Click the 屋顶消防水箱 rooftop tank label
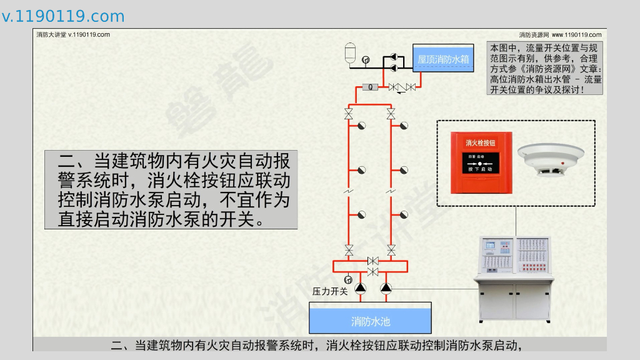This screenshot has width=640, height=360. coord(443,59)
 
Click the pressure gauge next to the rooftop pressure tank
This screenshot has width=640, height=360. coord(366,60)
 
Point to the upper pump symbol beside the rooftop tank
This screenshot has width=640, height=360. coord(393,56)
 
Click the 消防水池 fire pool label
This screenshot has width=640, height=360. coord(370,321)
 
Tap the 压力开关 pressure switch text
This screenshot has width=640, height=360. coord(330,291)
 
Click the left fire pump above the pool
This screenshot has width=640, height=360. coord(361,288)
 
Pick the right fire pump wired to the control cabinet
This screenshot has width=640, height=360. coord(385,288)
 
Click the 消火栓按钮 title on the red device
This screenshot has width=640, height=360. coord(481,143)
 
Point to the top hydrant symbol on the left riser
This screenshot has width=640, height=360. coord(361,126)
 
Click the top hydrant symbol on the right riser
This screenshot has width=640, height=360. coord(404,126)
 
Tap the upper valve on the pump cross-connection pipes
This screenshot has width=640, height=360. coord(372,260)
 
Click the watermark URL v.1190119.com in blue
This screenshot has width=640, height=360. coord(63,17)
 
